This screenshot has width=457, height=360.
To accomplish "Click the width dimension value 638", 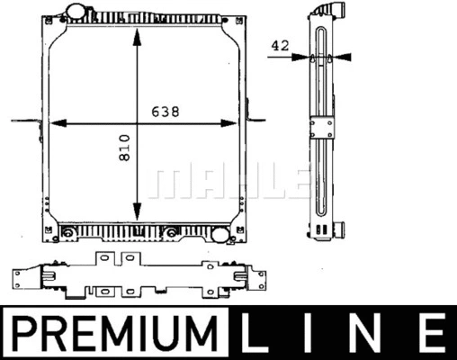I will click(165, 112).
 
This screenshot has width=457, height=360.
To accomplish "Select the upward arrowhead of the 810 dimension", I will click(136, 36).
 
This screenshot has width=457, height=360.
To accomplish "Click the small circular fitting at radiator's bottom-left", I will click(67, 235).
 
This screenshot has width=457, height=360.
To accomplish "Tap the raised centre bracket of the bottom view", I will click(119, 261).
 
